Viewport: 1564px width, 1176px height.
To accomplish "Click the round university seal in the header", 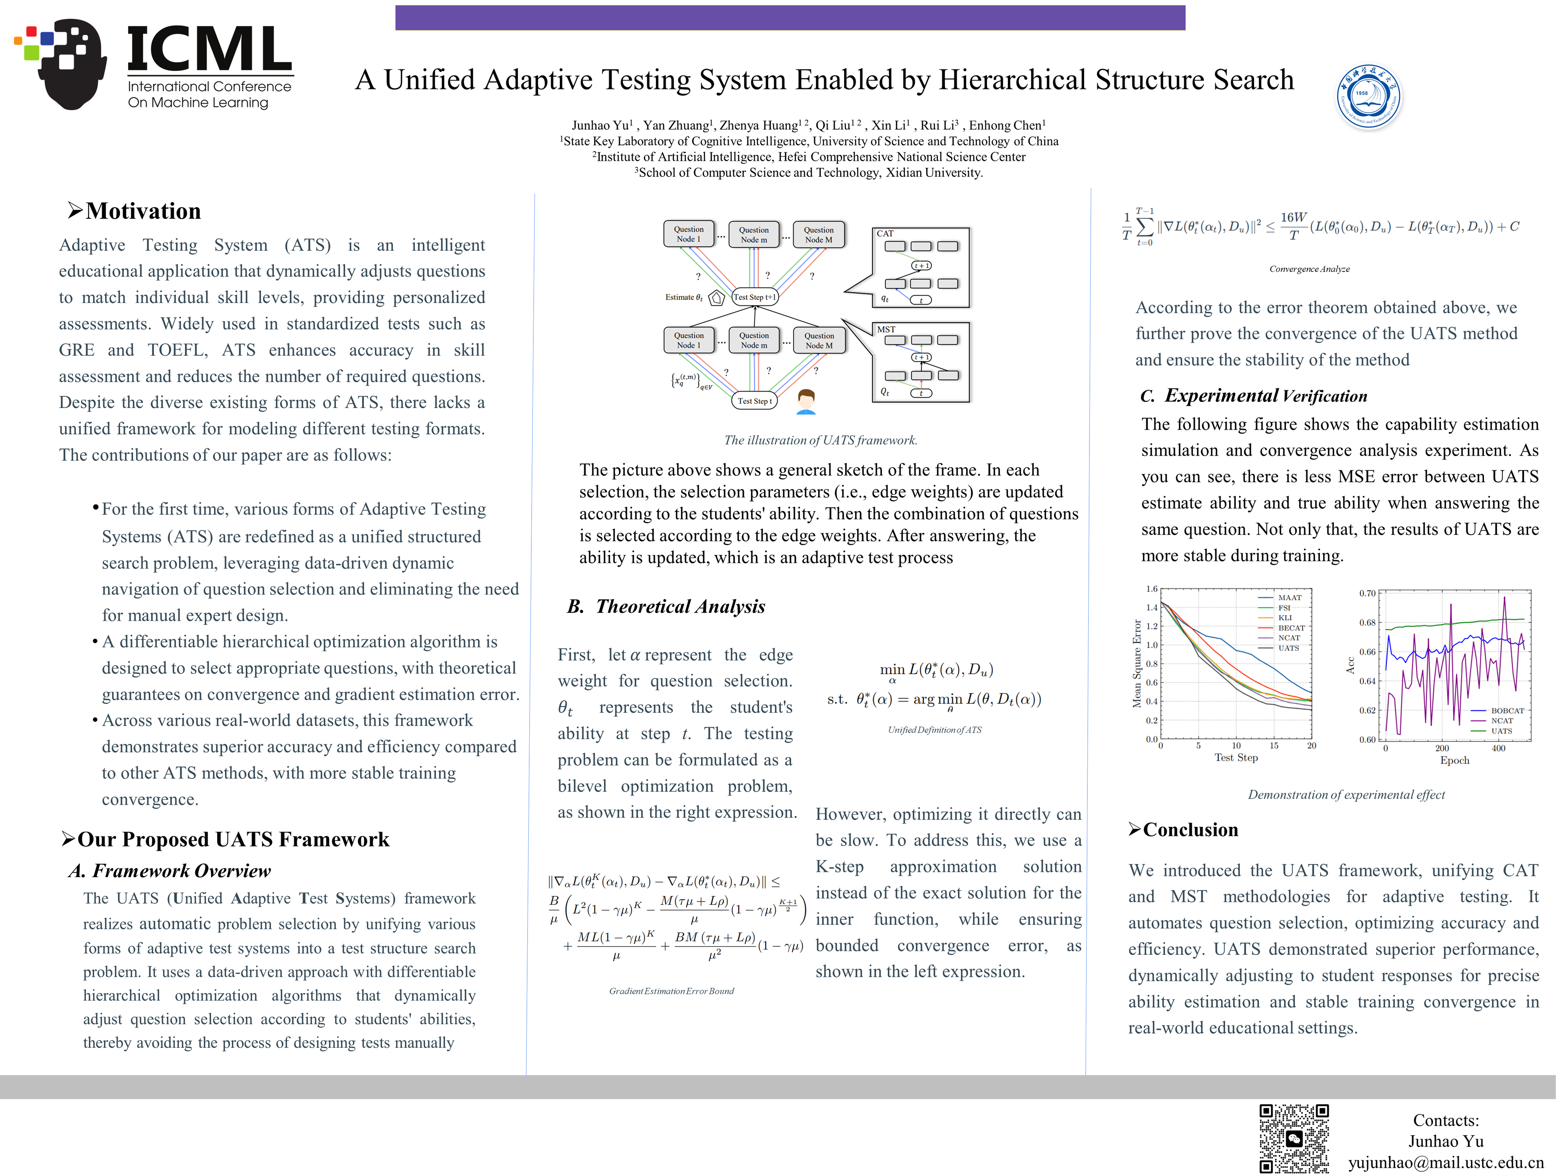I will point(1370,97).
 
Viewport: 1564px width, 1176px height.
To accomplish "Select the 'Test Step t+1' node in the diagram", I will point(754,297).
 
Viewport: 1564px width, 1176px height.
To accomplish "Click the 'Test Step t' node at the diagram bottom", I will point(754,401).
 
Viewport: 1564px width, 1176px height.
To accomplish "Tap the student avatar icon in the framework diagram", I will point(806,401).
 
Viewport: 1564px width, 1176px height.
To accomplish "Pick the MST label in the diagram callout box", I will point(886,330).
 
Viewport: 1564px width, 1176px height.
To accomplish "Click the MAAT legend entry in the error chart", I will point(1289,597).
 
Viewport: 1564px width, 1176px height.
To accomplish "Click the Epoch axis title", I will point(1455,760).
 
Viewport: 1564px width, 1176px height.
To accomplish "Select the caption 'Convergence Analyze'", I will point(1309,269).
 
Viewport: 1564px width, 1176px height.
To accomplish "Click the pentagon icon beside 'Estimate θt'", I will point(716,298).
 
